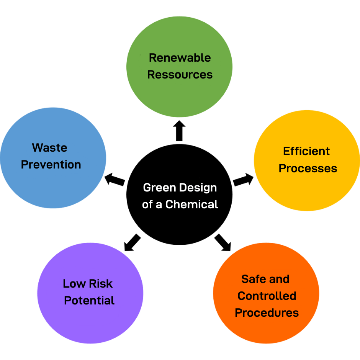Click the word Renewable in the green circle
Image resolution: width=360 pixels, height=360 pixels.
180,58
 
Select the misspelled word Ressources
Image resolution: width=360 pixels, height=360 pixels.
180,74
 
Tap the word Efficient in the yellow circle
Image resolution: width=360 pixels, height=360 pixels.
306,151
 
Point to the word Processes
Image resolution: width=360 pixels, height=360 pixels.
308,169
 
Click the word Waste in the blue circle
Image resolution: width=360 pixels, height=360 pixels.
49,147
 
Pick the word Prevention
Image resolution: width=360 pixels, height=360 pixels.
51,165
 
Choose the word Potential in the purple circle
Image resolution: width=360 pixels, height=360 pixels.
89,301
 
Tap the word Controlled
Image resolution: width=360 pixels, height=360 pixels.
267,296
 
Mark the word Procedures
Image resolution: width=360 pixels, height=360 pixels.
267,313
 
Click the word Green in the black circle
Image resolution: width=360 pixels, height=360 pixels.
158,188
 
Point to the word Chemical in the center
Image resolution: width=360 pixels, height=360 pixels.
191,205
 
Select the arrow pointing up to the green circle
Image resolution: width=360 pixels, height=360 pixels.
179,131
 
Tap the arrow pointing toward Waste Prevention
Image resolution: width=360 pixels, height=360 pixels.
115,179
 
